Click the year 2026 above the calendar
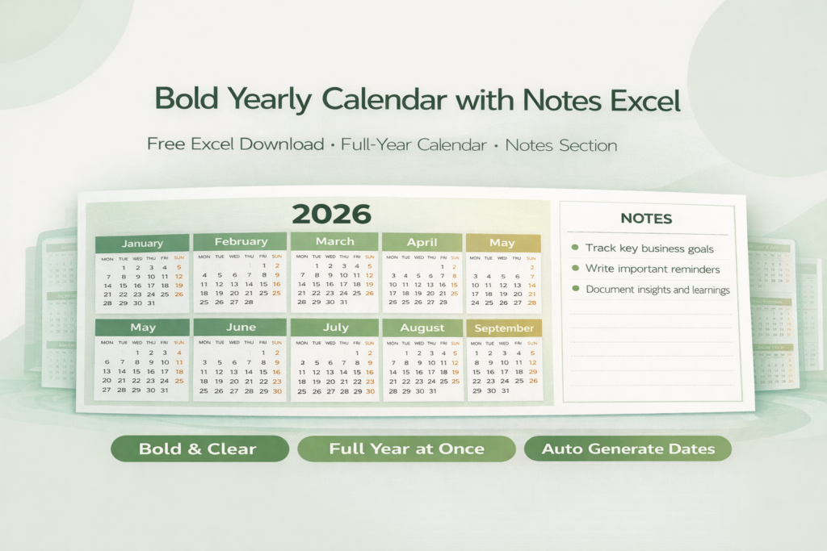[331, 214]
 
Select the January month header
[142, 243]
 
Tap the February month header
[240, 241]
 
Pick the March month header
[334, 241]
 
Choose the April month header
[422, 242]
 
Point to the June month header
[240, 328]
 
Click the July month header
[334, 328]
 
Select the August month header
[422, 328]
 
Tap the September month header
[504, 328]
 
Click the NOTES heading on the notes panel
[646, 219]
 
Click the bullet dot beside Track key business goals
[575, 248]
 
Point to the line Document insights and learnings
[657, 290]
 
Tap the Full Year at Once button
[406, 449]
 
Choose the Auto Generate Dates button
[628, 449]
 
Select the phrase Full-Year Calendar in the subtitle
[413, 146]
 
